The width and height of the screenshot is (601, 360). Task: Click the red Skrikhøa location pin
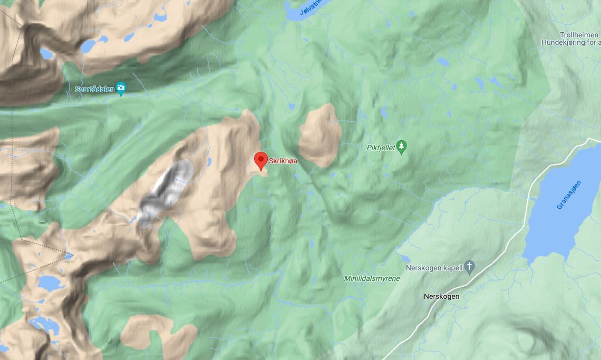click(x=260, y=160)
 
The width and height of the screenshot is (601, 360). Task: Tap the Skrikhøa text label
click(x=283, y=161)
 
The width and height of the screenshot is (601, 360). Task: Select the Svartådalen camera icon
click(x=121, y=89)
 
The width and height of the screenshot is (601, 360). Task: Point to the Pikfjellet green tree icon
click(x=402, y=147)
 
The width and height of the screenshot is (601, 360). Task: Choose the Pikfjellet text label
click(x=381, y=148)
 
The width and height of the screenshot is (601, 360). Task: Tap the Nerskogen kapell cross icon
click(x=470, y=267)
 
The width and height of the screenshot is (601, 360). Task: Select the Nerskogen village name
click(x=441, y=296)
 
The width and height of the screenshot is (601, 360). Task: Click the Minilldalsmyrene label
click(x=372, y=278)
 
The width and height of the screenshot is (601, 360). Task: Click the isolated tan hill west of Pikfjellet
click(x=320, y=135)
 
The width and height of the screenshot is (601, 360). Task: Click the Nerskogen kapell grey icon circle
click(x=470, y=267)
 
